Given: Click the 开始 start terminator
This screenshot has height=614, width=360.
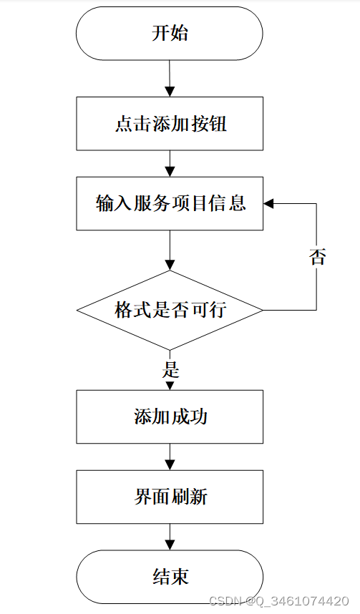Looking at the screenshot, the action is click(170, 34).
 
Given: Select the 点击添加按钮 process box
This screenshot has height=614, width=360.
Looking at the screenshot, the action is click(170, 124).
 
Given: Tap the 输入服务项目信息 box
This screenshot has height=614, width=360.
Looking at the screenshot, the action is click(170, 203).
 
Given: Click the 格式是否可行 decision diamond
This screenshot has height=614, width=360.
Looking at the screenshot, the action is click(170, 310).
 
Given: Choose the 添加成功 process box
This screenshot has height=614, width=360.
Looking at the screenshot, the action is click(170, 416).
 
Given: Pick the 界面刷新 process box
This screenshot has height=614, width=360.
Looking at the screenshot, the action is click(170, 497).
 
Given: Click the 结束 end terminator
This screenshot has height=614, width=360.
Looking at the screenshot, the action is click(170, 577).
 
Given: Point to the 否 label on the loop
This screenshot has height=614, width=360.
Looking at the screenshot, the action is click(317, 256).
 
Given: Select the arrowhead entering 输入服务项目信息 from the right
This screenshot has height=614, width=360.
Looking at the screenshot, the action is click(268, 203).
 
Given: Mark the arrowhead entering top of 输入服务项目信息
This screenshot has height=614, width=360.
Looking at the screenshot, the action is click(170, 172).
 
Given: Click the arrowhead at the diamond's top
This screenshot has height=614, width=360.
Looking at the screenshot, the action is click(170, 265).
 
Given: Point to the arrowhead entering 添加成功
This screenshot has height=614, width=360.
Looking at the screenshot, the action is click(170, 386).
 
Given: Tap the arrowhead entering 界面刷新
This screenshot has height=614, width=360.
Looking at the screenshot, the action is click(170, 465).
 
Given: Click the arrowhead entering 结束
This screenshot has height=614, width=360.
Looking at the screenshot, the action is click(170, 545).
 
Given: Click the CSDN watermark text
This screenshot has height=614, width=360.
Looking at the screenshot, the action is click(279, 600).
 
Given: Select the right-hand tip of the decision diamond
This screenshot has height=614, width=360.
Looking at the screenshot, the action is click(263, 310).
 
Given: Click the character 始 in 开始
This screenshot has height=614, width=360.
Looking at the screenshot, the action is click(179, 34).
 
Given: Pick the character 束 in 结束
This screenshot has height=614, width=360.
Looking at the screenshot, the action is click(180, 577).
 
